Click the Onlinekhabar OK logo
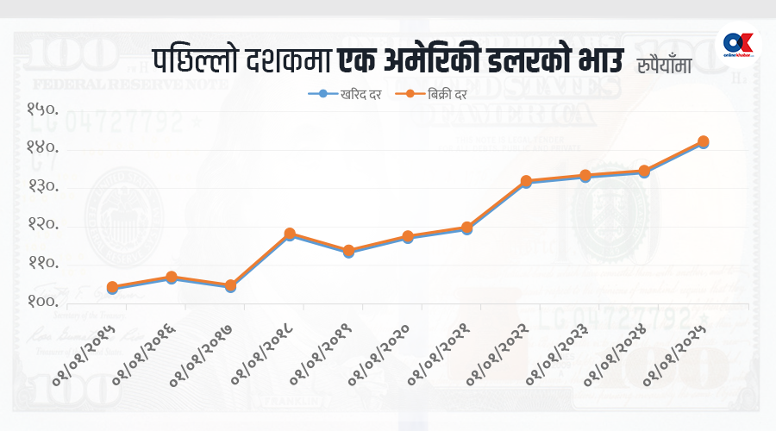tap(740, 44)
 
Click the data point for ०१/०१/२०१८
tap(290, 234)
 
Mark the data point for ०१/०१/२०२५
tap(704, 141)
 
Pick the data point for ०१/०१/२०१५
tap(112, 287)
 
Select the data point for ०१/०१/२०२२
tap(526, 182)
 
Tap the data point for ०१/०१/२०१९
tap(348, 251)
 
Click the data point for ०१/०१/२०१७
tap(230, 285)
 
